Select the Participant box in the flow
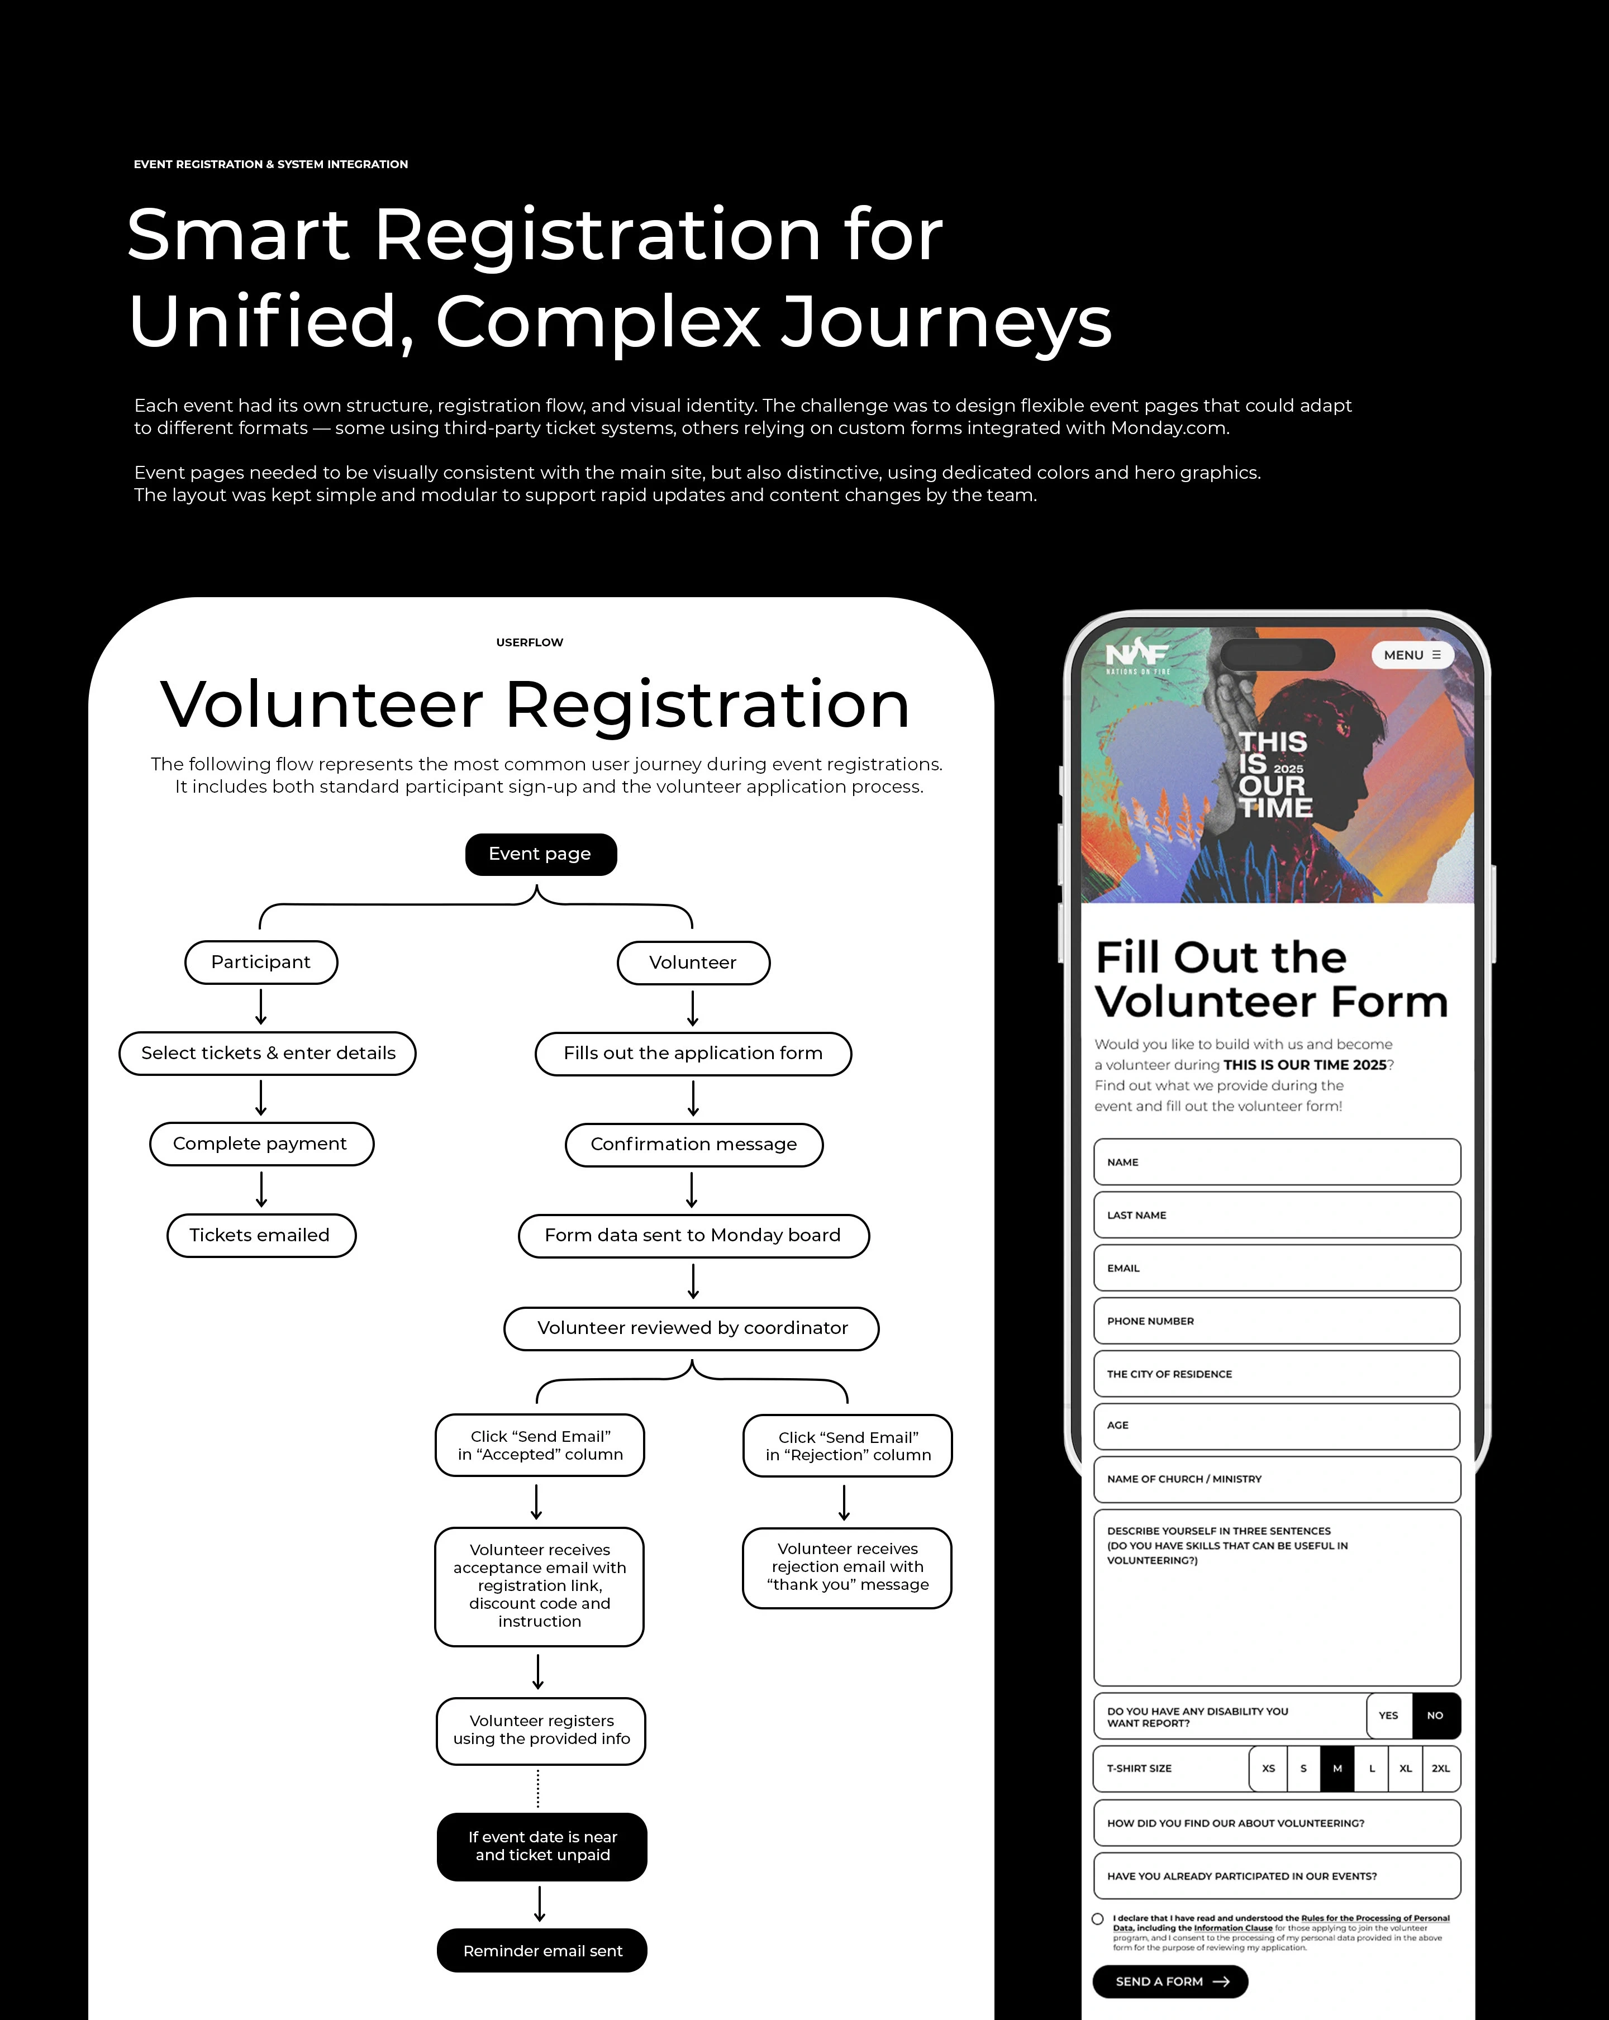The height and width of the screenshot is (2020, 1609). pyautogui.click(x=260, y=962)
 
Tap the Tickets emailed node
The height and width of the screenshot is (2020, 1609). pyautogui.click(x=260, y=1235)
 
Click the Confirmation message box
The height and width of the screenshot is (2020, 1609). pyautogui.click(x=693, y=1144)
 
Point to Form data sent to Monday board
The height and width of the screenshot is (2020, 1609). pyautogui.click(x=693, y=1235)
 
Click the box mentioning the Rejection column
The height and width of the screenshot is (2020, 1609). pyautogui.click(x=847, y=1446)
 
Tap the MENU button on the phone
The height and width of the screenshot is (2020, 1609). pyautogui.click(x=1411, y=655)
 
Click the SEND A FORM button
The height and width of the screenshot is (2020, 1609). pyautogui.click(x=1169, y=1981)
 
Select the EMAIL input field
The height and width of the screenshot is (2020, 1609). pyautogui.click(x=1277, y=1268)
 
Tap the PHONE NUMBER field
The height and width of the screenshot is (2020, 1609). pyautogui.click(x=1277, y=1321)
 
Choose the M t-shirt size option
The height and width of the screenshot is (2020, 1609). pyautogui.click(x=1337, y=1768)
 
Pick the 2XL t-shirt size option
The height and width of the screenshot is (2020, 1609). pyautogui.click(x=1440, y=1768)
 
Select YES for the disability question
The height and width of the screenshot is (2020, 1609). pyautogui.click(x=1388, y=1716)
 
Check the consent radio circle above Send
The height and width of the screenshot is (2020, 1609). pyautogui.click(x=1097, y=1919)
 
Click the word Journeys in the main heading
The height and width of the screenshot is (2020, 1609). pyautogui.click(x=946, y=321)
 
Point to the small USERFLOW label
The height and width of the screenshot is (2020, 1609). pyautogui.click(x=530, y=642)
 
